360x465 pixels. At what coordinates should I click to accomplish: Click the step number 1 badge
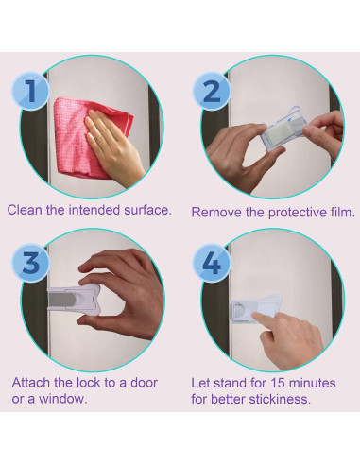(30, 91)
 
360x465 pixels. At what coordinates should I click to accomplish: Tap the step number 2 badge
(212, 91)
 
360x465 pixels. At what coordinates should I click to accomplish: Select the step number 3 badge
(30, 262)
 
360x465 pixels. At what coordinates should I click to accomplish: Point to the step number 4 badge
(212, 262)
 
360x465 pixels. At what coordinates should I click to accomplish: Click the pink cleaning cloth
(82, 139)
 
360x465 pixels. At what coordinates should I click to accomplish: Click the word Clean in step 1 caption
(25, 210)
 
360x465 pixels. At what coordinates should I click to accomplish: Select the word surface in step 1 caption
(147, 210)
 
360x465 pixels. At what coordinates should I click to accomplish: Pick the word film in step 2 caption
(343, 213)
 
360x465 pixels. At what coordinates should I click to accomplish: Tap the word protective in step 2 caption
(298, 213)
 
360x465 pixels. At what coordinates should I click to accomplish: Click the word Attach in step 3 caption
(31, 383)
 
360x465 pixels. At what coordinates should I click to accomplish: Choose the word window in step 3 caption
(62, 399)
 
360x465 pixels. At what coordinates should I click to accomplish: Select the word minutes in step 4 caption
(312, 384)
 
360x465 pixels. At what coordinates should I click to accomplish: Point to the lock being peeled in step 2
(282, 129)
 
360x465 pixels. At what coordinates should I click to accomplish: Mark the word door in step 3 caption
(144, 383)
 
